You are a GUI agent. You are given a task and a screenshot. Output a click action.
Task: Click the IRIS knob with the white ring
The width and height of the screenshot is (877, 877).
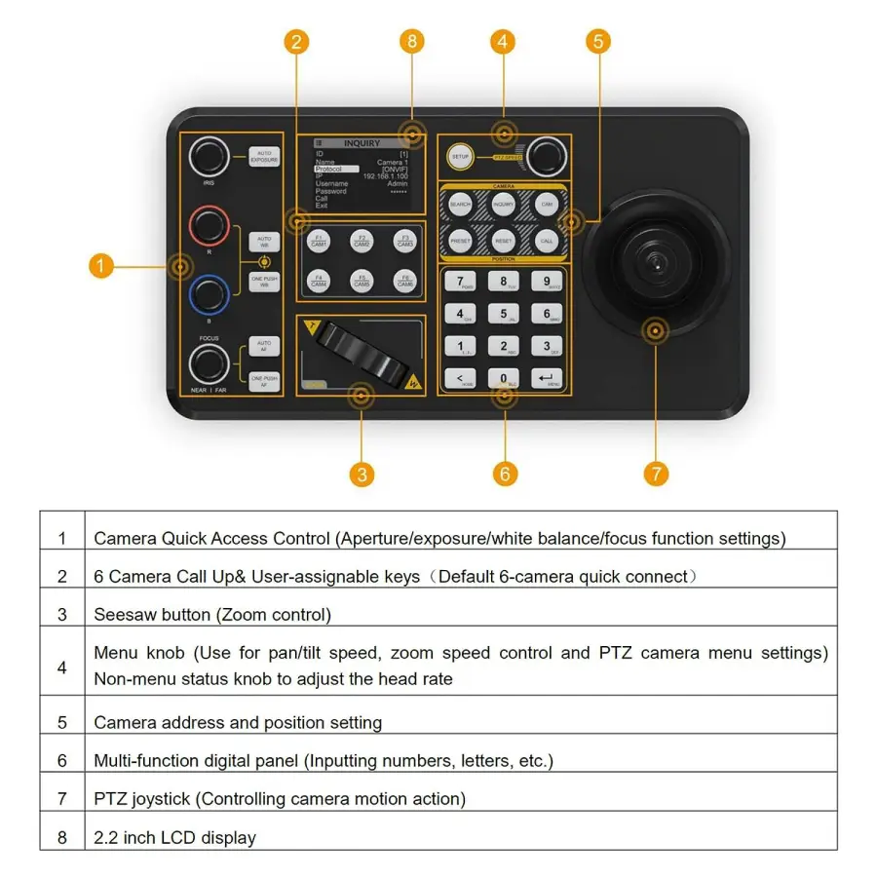click(209, 156)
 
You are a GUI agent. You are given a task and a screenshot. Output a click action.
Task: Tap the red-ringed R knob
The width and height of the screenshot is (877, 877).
click(209, 226)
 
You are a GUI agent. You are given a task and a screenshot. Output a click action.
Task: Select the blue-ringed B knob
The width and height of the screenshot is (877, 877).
click(209, 294)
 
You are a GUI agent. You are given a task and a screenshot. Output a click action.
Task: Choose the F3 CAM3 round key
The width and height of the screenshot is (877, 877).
click(402, 241)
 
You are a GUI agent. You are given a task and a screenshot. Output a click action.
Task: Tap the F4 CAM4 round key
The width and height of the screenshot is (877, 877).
click(319, 282)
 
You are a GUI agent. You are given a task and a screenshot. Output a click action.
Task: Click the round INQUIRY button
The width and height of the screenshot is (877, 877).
click(504, 205)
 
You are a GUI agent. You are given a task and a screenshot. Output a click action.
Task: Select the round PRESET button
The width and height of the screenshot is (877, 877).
click(460, 240)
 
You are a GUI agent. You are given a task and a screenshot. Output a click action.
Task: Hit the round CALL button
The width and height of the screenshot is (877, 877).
click(547, 240)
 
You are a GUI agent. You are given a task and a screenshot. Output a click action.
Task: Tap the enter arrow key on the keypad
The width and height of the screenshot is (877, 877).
click(547, 378)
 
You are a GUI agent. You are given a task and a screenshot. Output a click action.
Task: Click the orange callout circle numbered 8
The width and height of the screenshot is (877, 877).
click(412, 41)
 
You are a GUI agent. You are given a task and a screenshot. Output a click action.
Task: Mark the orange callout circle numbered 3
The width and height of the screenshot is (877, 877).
click(362, 475)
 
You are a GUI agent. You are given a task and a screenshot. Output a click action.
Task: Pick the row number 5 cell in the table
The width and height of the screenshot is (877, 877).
click(62, 723)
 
